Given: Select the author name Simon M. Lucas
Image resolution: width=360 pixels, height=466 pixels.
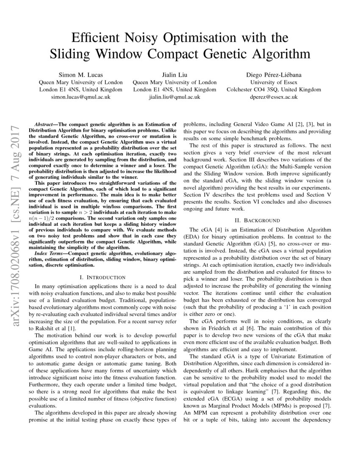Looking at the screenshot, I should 80,75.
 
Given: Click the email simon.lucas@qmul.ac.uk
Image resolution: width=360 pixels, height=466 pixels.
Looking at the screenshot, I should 80,97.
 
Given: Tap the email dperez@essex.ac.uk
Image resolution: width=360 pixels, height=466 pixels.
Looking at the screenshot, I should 274,97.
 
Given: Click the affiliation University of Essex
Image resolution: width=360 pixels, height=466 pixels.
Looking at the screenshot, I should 274,82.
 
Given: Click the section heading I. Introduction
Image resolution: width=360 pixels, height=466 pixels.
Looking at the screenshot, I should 102,277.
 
